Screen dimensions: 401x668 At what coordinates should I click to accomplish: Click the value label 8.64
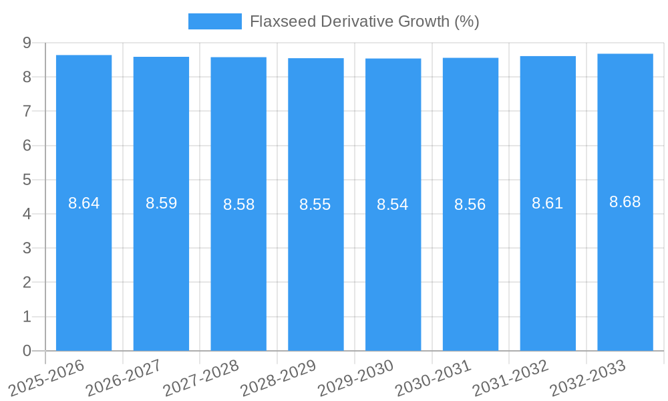(83, 203)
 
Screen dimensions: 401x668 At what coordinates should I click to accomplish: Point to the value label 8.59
(161, 203)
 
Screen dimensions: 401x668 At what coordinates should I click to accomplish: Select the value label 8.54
(393, 205)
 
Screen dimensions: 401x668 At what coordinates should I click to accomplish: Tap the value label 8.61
(547, 203)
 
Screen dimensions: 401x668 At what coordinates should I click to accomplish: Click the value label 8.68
(625, 202)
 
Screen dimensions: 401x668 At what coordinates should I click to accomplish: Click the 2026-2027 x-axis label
(124, 378)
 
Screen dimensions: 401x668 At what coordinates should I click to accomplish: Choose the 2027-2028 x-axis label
(201, 378)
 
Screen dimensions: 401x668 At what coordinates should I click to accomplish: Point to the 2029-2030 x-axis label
(355, 378)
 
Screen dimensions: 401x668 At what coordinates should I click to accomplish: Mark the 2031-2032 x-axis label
(510, 378)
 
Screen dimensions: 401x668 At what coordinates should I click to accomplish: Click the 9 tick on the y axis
(27, 43)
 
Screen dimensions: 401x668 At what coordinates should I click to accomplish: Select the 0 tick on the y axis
(27, 351)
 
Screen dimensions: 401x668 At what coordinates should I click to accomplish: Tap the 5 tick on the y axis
(27, 180)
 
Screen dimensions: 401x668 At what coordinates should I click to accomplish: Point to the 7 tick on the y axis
(27, 111)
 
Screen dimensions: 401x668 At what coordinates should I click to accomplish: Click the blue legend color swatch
(214, 21)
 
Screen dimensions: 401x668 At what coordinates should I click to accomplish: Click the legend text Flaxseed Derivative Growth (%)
(364, 21)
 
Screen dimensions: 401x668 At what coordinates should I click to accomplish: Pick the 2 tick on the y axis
(27, 283)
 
